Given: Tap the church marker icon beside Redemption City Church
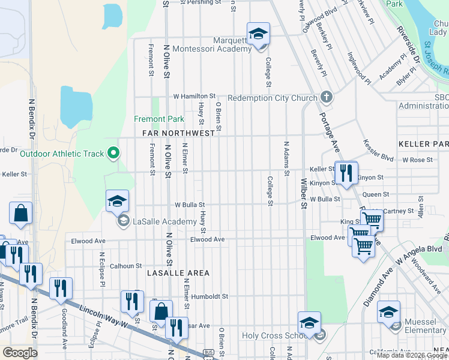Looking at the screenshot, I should pos(326,97).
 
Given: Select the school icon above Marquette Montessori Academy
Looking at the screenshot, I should pos(258,34).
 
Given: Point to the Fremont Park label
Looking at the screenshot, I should pos(159,119).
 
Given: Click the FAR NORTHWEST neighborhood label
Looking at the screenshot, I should pos(178,133).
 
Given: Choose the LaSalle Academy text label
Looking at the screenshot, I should pos(165,221).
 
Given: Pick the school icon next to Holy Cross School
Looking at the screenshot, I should pos(309,323).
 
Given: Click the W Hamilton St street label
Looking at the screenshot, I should pos(194,96).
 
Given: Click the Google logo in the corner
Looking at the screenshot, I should pos(20,352).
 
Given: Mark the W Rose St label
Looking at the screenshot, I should pos(417,160).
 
